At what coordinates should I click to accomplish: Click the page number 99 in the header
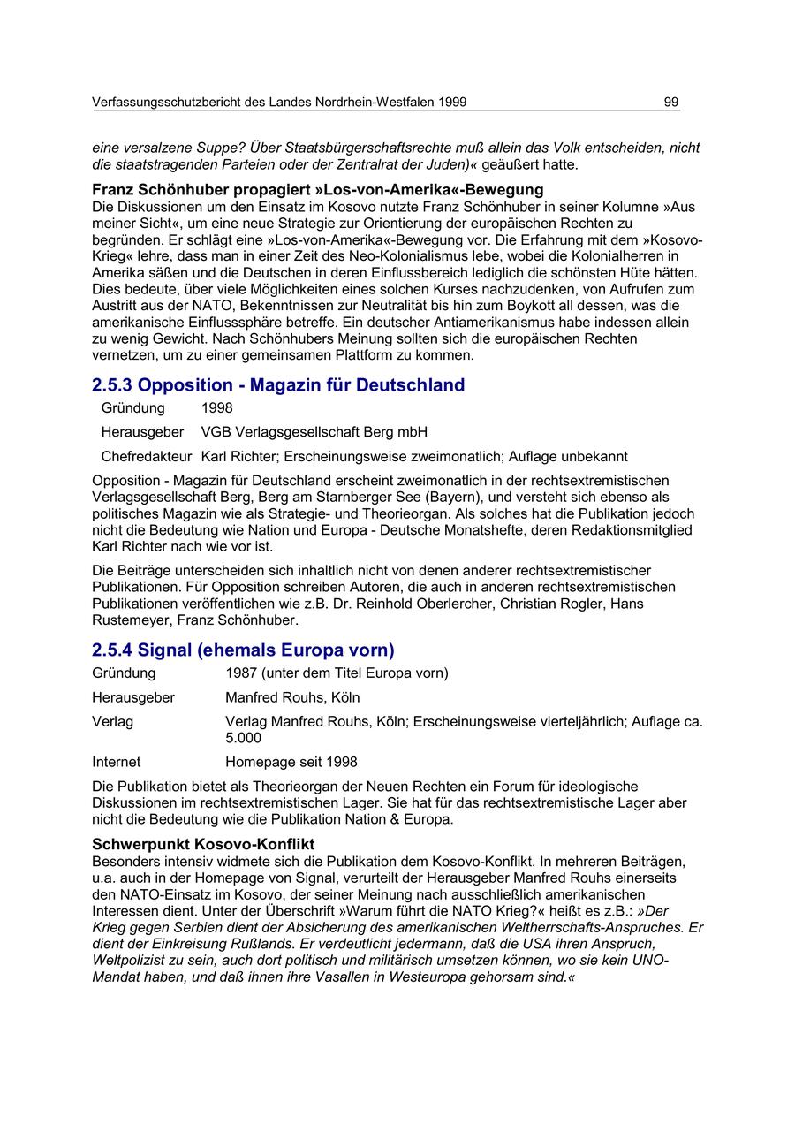click(671, 103)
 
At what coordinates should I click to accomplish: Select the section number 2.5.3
click(112, 385)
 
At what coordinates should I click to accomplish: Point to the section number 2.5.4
click(112, 650)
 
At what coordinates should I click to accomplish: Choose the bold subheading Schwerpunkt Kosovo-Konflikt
click(203, 844)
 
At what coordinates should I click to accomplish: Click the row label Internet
click(116, 762)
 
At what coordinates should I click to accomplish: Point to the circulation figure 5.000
click(243, 738)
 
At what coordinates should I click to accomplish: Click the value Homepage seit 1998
click(291, 762)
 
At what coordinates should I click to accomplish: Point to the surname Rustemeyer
click(129, 620)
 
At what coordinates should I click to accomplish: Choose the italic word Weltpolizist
click(130, 961)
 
